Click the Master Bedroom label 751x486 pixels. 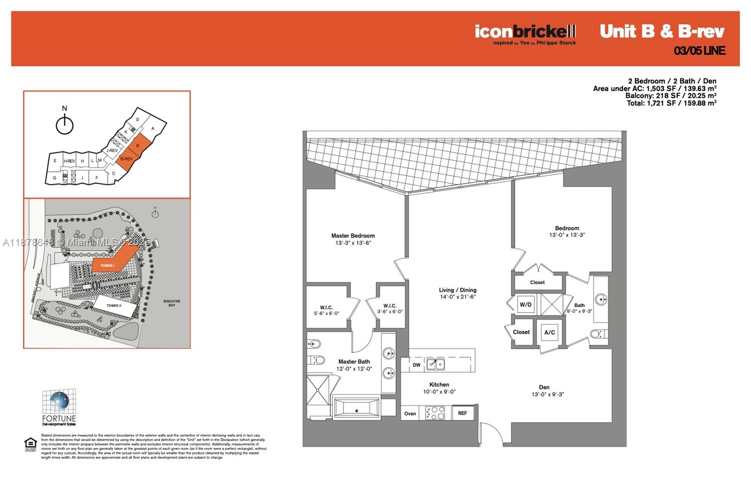(x=353, y=236)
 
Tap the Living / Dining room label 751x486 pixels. (x=458, y=290)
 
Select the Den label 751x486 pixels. (x=544, y=387)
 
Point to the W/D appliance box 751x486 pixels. (x=526, y=305)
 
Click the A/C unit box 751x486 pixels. (x=550, y=332)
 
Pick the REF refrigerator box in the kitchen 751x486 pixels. (x=462, y=413)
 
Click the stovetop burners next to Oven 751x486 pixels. (x=435, y=413)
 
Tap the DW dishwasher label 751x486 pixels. (x=416, y=365)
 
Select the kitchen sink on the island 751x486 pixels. (x=436, y=364)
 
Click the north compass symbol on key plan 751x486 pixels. (x=65, y=124)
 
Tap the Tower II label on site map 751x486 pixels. (x=114, y=306)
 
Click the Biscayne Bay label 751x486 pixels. (x=172, y=303)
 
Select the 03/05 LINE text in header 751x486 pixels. (x=699, y=51)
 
